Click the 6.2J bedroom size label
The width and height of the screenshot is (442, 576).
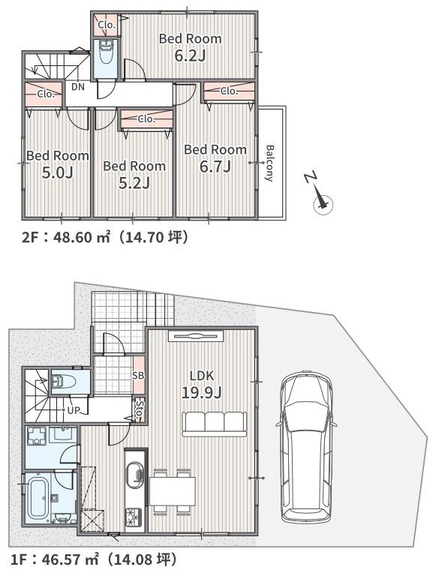[x=190, y=55]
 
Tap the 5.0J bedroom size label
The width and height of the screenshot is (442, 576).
[x=57, y=172]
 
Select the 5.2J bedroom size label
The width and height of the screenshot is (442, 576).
[x=134, y=182]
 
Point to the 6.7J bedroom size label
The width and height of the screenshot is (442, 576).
[x=215, y=166]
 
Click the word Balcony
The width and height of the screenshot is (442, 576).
[x=270, y=163]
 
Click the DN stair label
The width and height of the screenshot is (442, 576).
[x=78, y=87]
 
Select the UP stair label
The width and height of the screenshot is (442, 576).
[x=74, y=410]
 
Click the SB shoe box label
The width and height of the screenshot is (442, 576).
[x=139, y=376]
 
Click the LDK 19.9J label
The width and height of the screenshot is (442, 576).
[x=202, y=384]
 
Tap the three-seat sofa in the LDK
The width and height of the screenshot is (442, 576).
[x=214, y=424]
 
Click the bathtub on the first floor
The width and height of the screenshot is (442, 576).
[x=38, y=498]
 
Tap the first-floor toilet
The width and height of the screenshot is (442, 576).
[x=64, y=382]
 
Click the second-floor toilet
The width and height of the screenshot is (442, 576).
[x=106, y=52]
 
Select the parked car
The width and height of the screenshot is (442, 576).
[x=306, y=448]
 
